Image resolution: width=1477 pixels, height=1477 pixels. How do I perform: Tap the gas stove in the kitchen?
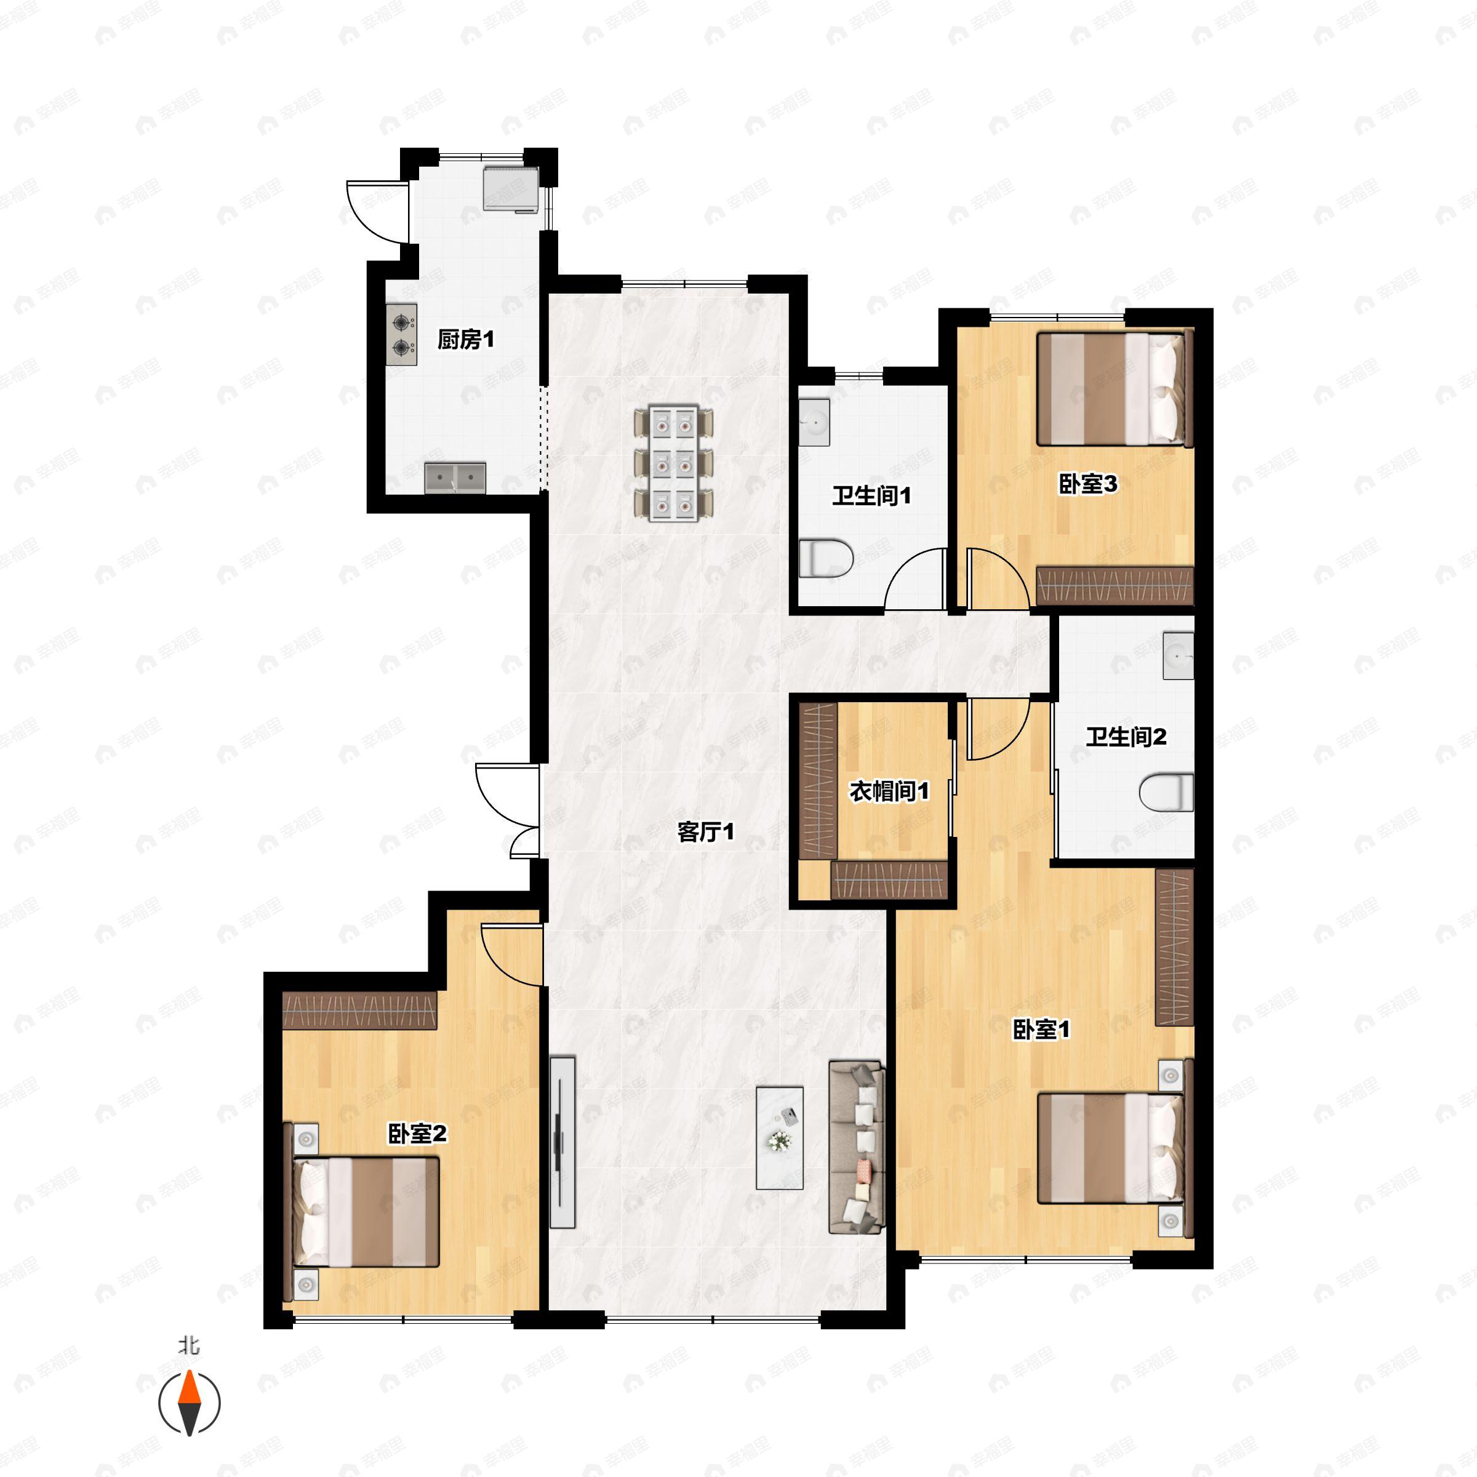pos(401,334)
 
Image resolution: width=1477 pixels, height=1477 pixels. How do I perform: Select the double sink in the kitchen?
pos(455,478)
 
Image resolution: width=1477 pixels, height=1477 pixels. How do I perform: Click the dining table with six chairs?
pos(673,463)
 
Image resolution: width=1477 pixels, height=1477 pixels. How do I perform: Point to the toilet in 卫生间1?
pos(825,558)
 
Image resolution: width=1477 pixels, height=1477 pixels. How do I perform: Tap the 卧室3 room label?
pos(1087,484)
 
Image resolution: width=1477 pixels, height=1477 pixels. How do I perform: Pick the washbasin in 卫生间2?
pos(1177,655)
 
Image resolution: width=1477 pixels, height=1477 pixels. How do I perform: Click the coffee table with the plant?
pos(779,1137)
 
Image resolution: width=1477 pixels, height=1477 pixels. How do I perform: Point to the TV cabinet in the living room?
pos(562,1143)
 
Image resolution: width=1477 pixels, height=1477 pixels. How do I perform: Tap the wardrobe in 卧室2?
pos(359,1010)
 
